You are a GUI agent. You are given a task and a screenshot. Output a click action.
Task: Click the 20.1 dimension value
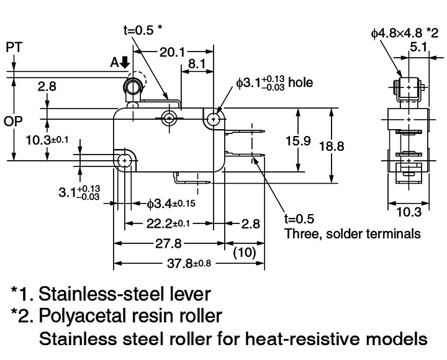[173, 53]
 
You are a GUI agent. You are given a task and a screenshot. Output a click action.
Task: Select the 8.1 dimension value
[198, 64]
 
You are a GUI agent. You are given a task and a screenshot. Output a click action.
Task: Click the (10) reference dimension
[245, 253]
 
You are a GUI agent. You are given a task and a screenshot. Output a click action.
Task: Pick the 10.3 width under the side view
[407, 213]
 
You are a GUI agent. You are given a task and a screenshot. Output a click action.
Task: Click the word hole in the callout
[300, 83]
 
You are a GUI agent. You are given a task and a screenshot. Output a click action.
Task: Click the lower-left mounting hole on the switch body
[125, 161]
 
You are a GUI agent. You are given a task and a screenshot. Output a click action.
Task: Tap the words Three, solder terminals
[352, 233]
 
